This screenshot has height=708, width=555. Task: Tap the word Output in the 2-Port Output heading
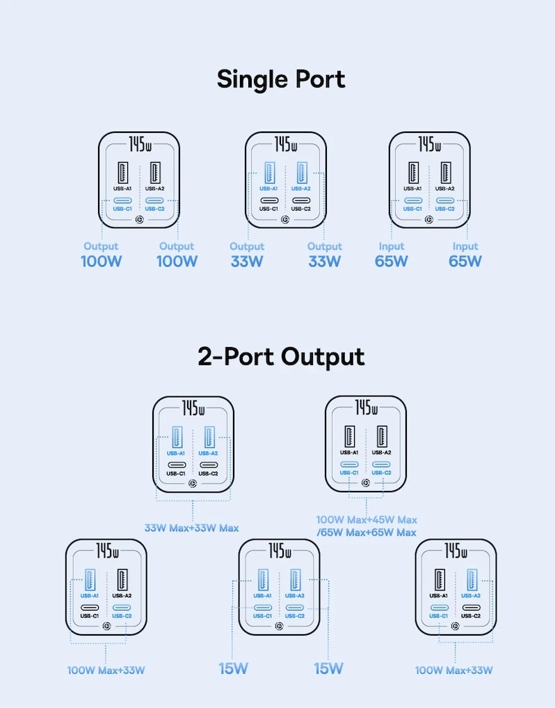(323, 357)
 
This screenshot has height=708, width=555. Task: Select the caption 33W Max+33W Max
(191, 528)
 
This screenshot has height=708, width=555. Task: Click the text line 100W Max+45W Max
(367, 520)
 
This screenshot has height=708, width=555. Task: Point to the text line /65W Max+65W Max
(367, 532)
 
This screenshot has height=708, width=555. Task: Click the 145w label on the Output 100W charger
(140, 144)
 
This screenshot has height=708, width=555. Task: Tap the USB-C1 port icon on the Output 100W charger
(122, 200)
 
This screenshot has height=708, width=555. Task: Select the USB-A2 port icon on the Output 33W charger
(301, 172)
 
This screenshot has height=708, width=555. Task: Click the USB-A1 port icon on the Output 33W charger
(269, 172)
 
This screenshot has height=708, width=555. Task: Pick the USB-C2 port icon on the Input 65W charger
(445, 200)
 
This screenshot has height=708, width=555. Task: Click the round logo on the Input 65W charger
(429, 220)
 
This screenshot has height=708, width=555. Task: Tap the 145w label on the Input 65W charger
(429, 144)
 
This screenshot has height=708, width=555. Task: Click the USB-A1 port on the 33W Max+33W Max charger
(177, 437)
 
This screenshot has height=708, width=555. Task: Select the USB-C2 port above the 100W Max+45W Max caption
(381, 464)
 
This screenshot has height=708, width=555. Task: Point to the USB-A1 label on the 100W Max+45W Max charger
(349, 453)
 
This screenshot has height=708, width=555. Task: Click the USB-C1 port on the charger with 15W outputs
(262, 607)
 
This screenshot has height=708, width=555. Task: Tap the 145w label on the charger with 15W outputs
(280, 551)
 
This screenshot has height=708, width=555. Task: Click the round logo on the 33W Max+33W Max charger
(193, 483)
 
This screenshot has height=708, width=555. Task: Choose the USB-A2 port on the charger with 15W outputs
(295, 580)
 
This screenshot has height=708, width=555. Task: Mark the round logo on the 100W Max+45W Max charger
(366, 483)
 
